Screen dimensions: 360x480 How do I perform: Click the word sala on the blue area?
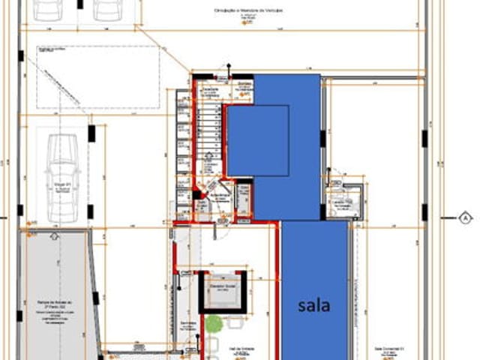click(x=314, y=305)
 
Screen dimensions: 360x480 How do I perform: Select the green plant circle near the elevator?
click(x=214, y=324)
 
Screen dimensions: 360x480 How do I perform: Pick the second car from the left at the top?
click(x=108, y=9)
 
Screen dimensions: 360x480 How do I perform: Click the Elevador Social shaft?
click(x=223, y=291)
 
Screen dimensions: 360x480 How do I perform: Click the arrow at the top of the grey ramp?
click(x=53, y=235)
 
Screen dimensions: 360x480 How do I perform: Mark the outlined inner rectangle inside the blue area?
click(x=258, y=140)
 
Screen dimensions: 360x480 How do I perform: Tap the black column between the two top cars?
click(x=79, y=4)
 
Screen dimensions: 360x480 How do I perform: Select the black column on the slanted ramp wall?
click(x=96, y=298)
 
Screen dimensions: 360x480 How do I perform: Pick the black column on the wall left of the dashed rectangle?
click(x=21, y=55)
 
